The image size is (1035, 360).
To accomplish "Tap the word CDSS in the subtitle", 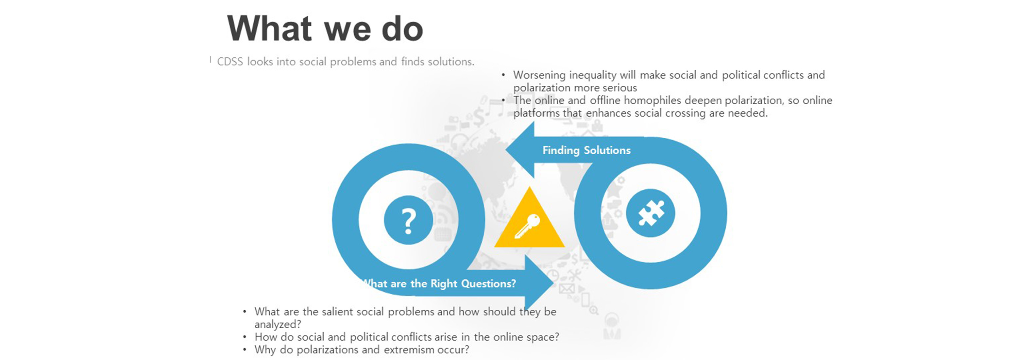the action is point(230,61).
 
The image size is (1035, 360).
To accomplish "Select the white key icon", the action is point(528,227).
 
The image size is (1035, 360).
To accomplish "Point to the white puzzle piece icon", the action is point(651,213).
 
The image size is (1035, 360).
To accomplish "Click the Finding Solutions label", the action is point(586,150).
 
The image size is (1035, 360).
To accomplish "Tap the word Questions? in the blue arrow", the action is point(489,284).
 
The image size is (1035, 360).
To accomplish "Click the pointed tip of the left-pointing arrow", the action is point(505,150).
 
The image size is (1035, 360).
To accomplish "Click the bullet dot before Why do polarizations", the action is point(245,350).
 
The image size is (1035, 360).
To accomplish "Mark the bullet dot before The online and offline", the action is point(503,100).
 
